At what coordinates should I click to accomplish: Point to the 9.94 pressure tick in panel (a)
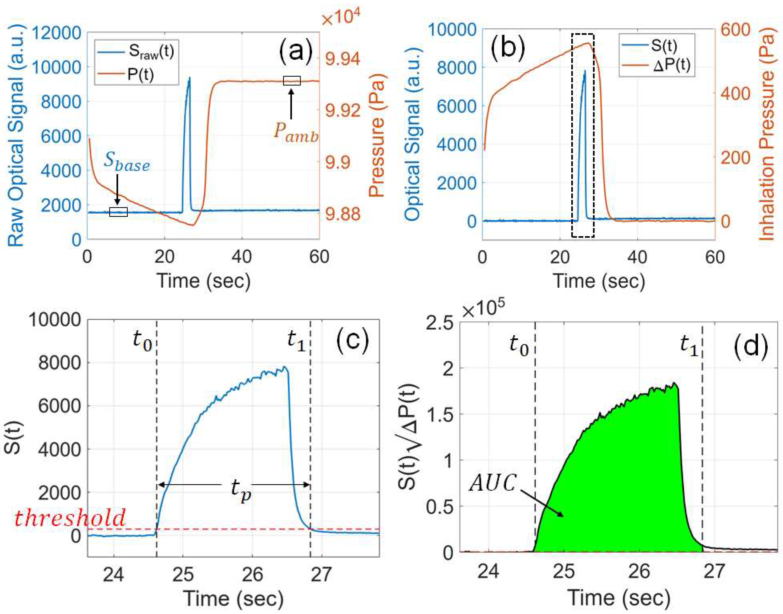coord(342,59)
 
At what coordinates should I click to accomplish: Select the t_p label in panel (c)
coord(240,489)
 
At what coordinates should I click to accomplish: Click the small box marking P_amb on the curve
coord(292,81)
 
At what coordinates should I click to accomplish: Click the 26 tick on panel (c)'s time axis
coord(252,574)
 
